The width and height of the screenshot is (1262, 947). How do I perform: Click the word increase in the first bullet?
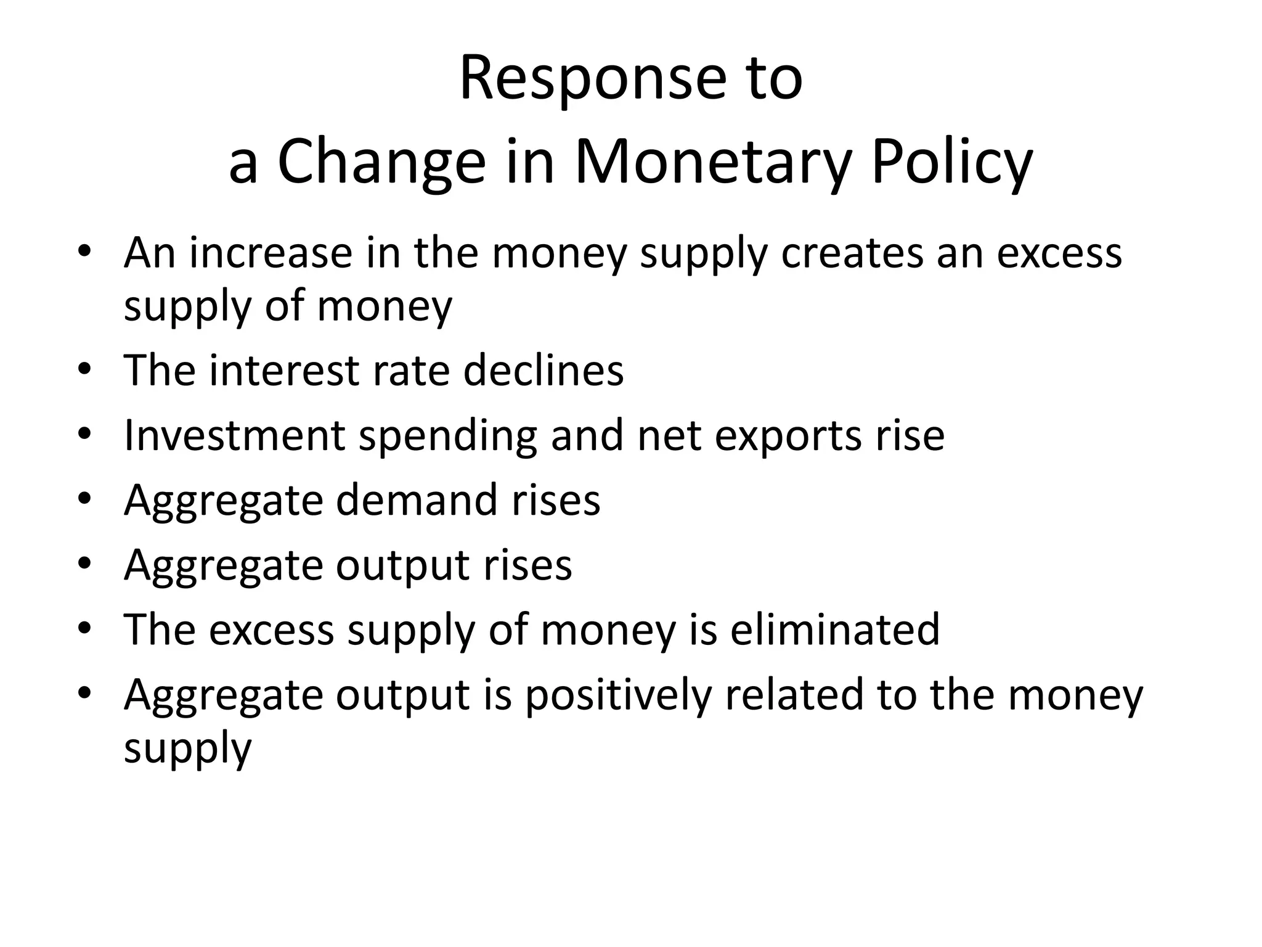coord(271,253)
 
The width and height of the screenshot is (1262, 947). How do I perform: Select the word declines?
coord(543,371)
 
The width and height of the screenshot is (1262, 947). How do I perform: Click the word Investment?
coord(235,436)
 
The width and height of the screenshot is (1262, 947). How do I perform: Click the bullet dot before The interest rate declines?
coord(84,369)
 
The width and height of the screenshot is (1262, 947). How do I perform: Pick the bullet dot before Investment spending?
coord(84,434)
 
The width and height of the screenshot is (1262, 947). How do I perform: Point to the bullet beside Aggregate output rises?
coord(84,564)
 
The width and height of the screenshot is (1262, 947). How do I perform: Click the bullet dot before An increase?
coord(84,252)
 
